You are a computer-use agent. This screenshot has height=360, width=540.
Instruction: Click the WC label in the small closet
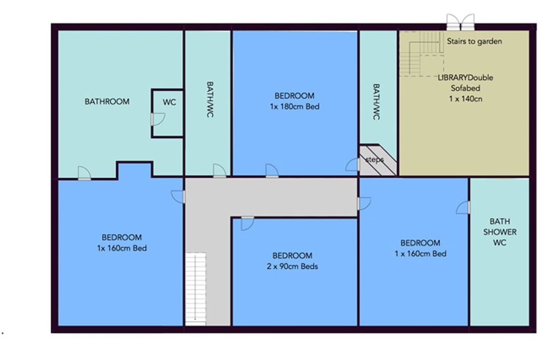(169, 102)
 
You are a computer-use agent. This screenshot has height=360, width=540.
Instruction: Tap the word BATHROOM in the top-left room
(107, 102)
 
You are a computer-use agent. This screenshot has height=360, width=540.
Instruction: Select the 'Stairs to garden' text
(474, 41)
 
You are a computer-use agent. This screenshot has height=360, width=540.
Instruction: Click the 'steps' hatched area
(378, 160)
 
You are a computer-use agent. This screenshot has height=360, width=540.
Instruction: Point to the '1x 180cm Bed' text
(294, 106)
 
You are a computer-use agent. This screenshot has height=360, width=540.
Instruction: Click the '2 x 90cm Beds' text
(292, 266)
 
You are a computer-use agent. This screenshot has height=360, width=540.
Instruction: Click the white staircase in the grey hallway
(195, 287)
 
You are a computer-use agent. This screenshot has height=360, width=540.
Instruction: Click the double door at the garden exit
(460, 23)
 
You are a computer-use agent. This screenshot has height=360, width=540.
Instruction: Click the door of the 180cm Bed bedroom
(272, 171)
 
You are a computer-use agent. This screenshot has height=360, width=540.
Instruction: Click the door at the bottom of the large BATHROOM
(84, 173)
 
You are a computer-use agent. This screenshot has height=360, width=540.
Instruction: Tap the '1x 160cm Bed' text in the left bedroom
(122, 248)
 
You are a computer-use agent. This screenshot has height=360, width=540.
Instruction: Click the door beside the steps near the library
(352, 165)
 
